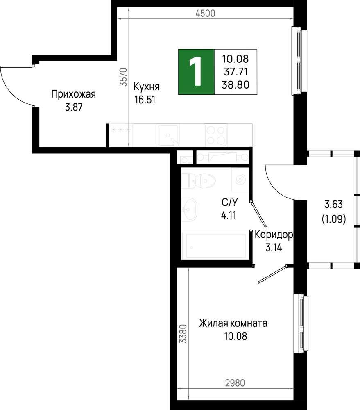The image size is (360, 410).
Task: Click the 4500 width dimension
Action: (205, 14)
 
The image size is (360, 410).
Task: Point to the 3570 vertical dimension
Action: (123, 77)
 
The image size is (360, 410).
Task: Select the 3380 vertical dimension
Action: (183, 334)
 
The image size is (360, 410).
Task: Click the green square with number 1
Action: (196, 72)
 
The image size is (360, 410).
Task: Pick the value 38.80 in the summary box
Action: (235, 84)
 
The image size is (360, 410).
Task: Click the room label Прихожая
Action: (73, 94)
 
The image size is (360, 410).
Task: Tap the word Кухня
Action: (147, 87)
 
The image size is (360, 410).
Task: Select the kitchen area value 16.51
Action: (145, 100)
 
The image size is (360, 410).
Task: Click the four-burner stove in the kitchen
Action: (216, 135)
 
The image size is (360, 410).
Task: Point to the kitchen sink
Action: (168, 135)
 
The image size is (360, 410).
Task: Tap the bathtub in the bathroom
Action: (213, 245)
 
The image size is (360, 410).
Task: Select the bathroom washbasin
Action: (189, 209)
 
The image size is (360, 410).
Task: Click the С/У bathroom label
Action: (230, 202)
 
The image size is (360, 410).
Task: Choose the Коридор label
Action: (274, 235)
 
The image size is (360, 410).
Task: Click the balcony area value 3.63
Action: (334, 204)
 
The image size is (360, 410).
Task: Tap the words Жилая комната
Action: (233, 323)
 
